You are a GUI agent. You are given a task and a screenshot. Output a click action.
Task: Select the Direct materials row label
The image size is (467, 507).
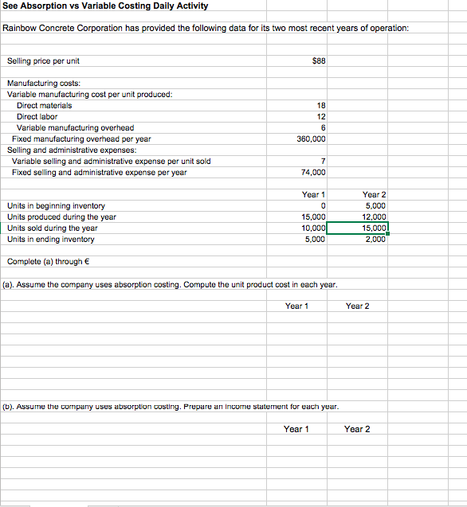[45, 105]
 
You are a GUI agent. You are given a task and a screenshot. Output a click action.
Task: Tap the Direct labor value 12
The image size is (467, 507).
[320, 116]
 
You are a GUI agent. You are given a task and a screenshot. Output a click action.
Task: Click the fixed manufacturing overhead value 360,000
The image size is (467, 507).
[311, 138]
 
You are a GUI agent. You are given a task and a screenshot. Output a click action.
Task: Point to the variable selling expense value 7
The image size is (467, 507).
[322, 161]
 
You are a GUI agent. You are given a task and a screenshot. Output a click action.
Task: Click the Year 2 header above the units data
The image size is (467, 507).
[374, 194]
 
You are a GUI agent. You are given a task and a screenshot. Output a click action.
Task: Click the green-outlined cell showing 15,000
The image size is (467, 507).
[374, 228]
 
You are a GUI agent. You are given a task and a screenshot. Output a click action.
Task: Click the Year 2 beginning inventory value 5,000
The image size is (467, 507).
[375, 205]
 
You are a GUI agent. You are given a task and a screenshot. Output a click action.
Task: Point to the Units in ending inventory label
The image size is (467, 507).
[51, 239]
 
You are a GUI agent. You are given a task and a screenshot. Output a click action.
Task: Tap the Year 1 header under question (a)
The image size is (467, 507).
[296, 306]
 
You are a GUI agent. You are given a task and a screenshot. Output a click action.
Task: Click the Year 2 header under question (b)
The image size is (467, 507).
[357, 429]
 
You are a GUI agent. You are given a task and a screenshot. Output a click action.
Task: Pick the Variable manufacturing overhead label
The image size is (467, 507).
[76, 127]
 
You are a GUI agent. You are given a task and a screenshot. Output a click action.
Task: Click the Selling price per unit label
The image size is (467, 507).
[43, 61]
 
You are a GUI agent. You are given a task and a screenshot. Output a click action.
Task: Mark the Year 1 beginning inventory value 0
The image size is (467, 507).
[322, 205]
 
